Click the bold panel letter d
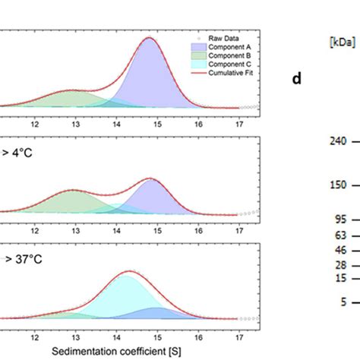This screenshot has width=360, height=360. tap(297, 78)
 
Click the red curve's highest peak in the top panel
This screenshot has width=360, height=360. tap(150, 38)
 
